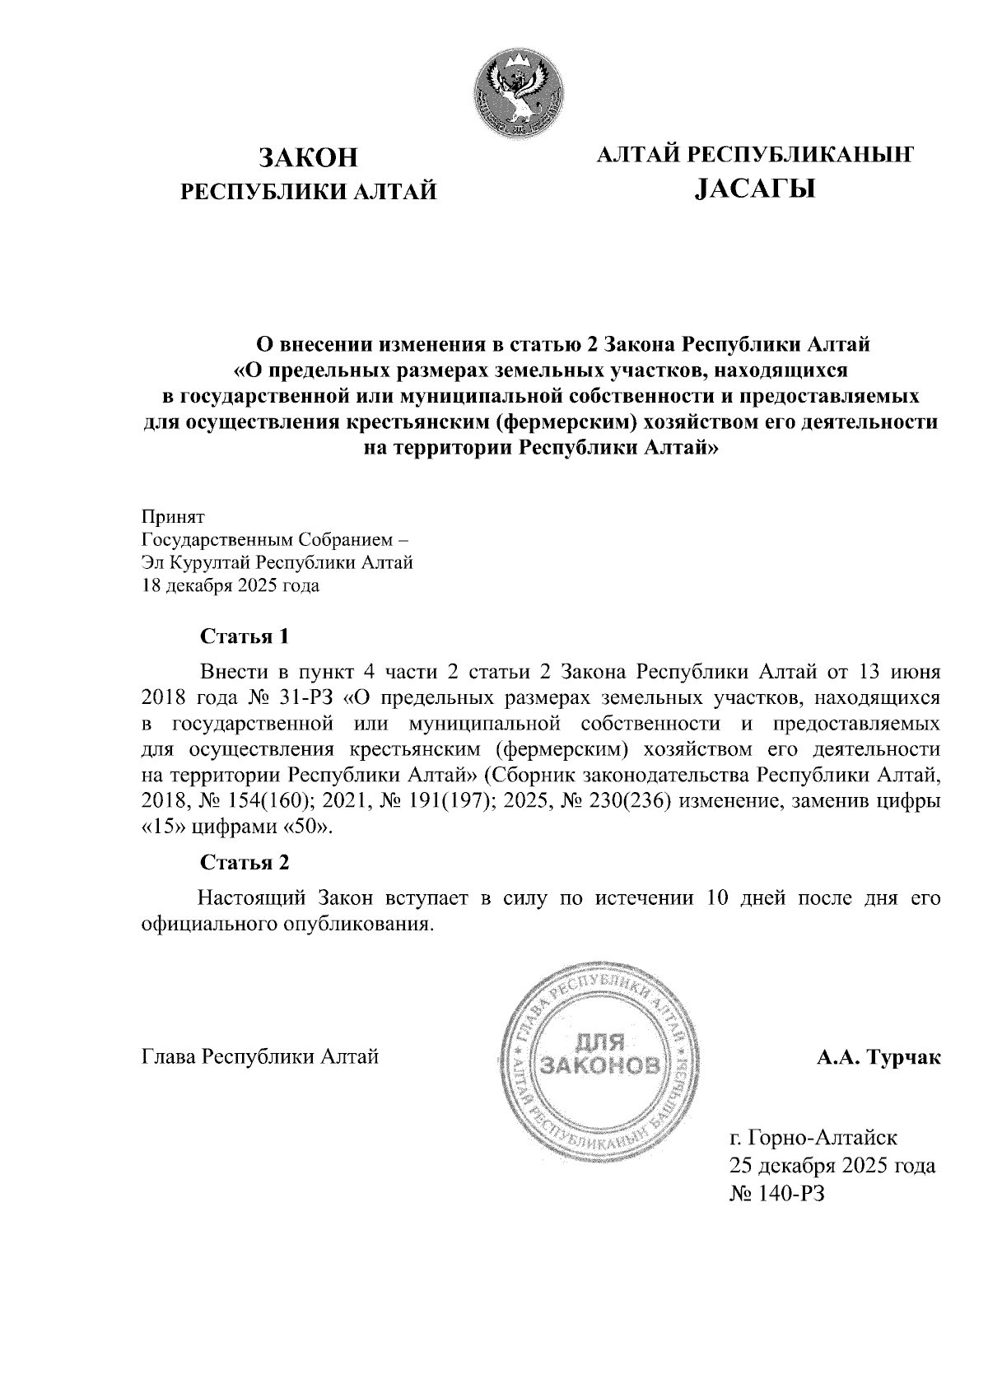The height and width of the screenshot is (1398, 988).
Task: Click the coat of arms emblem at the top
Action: (x=518, y=89)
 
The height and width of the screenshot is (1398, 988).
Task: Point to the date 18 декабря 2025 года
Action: (x=231, y=586)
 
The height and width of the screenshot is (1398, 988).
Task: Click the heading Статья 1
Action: (x=245, y=636)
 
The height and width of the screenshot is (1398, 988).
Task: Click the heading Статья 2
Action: (x=245, y=863)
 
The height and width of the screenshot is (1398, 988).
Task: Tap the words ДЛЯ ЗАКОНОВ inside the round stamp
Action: (x=599, y=1056)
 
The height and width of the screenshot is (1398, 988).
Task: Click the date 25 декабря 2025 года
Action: (x=831, y=1166)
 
